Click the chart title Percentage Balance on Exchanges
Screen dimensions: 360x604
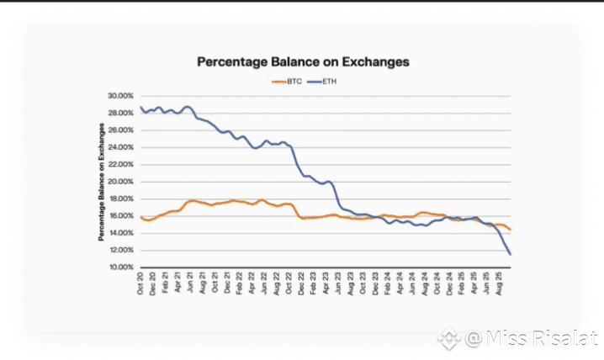point(303,61)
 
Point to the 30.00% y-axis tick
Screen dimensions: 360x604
point(119,96)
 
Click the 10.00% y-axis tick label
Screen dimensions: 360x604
point(119,267)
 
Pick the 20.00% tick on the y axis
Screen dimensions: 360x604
point(119,182)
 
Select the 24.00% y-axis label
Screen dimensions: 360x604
point(119,147)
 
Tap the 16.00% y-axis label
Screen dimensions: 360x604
point(119,216)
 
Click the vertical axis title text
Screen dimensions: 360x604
point(101,182)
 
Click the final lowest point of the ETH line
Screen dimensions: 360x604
point(511,254)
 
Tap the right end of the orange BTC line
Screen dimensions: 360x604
point(511,230)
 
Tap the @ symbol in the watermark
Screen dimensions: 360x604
point(474,339)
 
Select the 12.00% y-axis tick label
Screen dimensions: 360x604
point(119,251)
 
